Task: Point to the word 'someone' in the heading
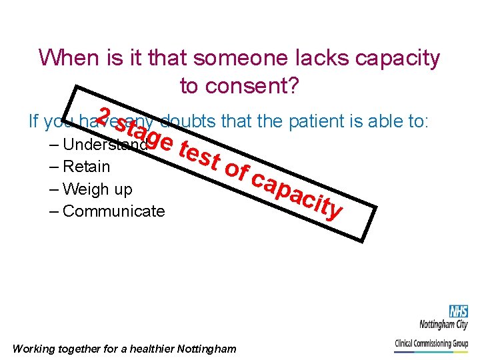(x=246, y=58)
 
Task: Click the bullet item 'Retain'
(x=86, y=167)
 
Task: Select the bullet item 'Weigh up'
(x=97, y=189)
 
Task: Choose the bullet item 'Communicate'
(x=113, y=211)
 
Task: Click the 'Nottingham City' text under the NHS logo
(x=443, y=326)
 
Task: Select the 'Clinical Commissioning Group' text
(x=431, y=344)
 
